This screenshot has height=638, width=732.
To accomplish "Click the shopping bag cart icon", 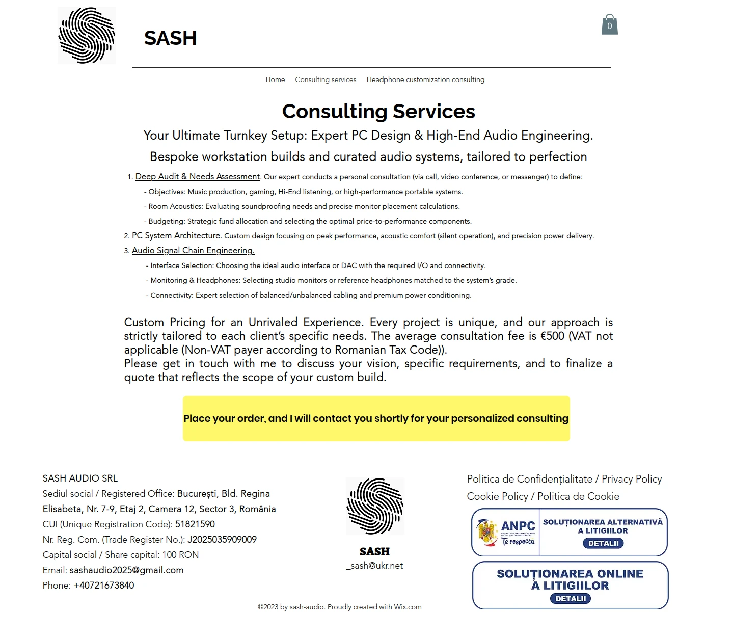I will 609,25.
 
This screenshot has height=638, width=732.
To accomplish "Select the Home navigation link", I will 275,80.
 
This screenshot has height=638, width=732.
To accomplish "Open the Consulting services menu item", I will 326,80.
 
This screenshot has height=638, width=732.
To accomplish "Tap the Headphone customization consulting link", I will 425,80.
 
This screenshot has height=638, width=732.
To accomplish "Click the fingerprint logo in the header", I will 87,36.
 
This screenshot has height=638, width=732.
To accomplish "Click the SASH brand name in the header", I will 170,38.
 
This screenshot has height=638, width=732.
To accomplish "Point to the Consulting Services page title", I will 378,112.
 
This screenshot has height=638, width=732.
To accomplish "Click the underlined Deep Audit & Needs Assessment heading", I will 198,177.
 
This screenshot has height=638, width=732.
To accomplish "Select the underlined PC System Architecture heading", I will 176,236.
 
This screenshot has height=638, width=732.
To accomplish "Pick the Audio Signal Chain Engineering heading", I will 193,251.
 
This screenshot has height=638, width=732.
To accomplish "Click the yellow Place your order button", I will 376,418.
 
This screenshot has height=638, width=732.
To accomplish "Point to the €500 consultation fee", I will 552,336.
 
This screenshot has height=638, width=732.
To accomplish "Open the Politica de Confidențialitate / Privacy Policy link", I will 564,479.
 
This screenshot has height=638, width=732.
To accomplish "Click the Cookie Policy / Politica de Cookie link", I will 543,496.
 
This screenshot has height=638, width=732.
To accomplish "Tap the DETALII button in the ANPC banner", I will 603,543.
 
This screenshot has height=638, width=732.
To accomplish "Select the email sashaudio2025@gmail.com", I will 126,570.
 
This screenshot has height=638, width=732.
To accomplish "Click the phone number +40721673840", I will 104,586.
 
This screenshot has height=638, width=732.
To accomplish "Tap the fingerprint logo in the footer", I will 375,507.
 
